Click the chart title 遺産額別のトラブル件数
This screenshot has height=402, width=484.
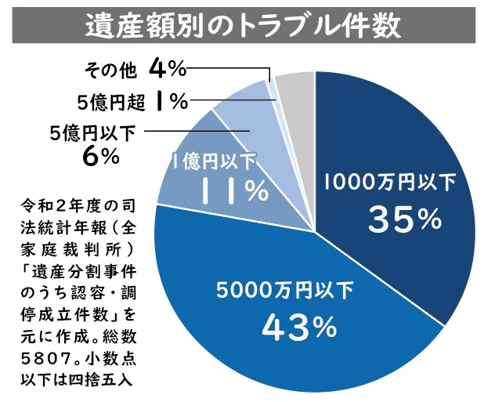point(242,24)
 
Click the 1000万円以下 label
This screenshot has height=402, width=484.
point(389,183)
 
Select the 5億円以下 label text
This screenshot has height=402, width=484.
point(91,132)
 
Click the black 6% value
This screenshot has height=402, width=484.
point(99,157)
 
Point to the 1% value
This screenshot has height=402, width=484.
point(171,101)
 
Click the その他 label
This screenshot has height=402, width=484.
point(110,71)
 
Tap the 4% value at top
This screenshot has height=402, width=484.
point(166,70)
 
